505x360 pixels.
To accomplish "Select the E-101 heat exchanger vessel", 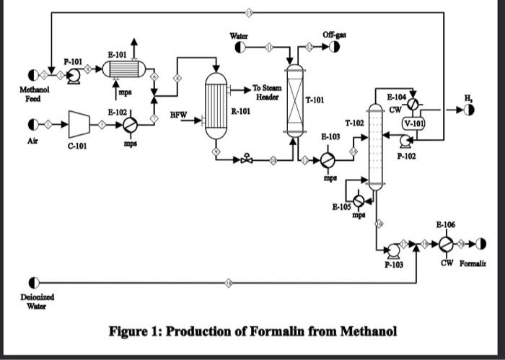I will click(124, 69).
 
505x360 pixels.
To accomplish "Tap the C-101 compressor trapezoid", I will click(78, 123).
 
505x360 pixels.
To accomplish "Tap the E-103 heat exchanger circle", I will click(328, 159).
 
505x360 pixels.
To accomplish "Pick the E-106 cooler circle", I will click(448, 245).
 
